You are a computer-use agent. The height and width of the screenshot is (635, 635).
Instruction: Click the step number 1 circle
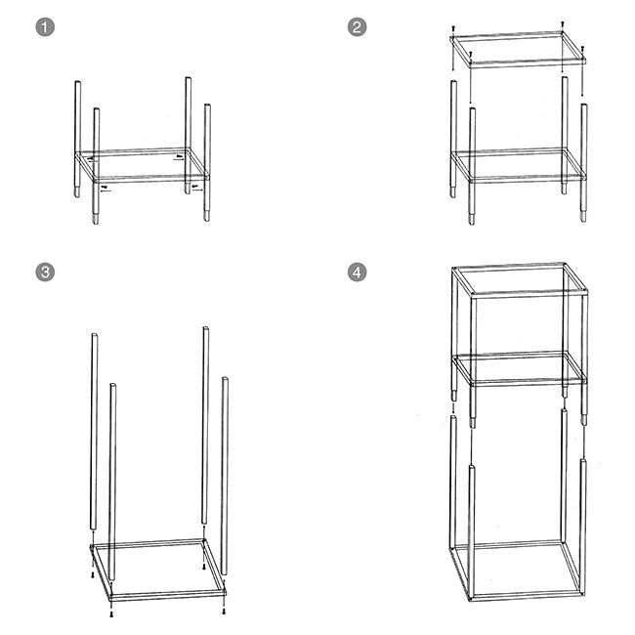click(x=45, y=27)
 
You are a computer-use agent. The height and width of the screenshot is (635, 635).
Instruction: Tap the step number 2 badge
click(x=357, y=27)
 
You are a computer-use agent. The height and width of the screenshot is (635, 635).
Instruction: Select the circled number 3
click(x=45, y=272)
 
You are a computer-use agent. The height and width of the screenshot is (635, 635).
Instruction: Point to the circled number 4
click(x=357, y=272)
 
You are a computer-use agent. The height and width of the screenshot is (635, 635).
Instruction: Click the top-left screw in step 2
click(x=453, y=28)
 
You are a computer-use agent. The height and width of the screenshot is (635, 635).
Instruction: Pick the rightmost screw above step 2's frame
click(x=582, y=49)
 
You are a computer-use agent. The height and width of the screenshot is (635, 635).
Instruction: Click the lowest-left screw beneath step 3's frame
click(x=111, y=614)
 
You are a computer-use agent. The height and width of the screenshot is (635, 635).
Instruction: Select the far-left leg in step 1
click(x=77, y=139)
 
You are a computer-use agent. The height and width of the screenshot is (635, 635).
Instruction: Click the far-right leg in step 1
click(x=207, y=162)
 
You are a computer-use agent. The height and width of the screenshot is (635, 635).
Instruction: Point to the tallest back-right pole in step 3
click(x=205, y=424)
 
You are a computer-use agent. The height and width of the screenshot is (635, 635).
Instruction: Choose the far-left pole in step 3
click(x=94, y=431)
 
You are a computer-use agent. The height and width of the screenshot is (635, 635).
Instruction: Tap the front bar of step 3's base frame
click(x=168, y=596)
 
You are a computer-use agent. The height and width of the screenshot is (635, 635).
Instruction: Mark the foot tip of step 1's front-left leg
click(x=96, y=223)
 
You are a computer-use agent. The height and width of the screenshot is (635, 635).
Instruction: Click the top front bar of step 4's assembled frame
click(x=529, y=294)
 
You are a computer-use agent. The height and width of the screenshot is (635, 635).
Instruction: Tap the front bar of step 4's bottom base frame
click(x=527, y=597)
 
